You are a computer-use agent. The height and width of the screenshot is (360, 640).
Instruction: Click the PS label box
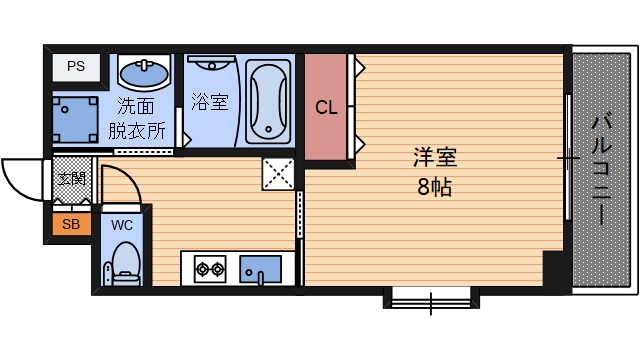pyautogui.click(x=76, y=67)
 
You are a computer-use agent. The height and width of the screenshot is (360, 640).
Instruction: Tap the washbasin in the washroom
pyautogui.click(x=144, y=71)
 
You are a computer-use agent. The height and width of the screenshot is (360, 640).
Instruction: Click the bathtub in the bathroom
pyautogui.click(x=267, y=101)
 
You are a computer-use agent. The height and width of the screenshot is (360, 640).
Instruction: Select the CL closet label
pyautogui.click(x=326, y=108)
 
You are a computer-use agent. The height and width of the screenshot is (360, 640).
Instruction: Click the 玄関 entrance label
pyautogui.click(x=70, y=179)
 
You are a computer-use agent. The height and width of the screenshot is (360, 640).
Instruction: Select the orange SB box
pyautogui.click(x=70, y=224)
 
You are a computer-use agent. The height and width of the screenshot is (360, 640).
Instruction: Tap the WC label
pyautogui.click(x=122, y=224)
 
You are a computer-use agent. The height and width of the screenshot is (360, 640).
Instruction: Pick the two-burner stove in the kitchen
pyautogui.click(x=210, y=268)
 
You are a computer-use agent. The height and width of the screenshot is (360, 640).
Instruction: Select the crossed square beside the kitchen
pyautogui.click(x=277, y=173)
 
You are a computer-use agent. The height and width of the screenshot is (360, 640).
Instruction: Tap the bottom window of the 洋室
pyautogui.click(x=430, y=296)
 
